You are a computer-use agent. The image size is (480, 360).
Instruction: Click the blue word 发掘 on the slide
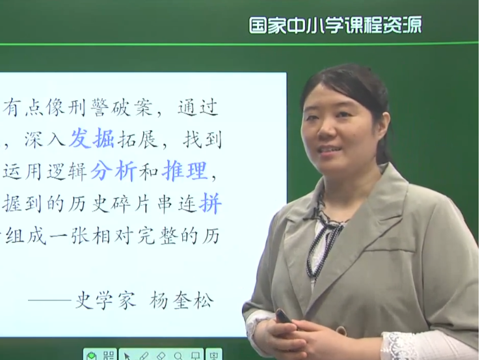[92, 138]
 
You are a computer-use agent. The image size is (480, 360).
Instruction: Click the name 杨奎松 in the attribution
[181, 300]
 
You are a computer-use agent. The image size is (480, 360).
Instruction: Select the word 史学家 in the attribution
[105, 299]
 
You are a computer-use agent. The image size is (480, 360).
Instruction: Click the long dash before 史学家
[50, 300]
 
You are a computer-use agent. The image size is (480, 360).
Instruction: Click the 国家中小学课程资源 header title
[335, 25]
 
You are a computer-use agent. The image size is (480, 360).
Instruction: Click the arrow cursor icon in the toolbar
[127, 356]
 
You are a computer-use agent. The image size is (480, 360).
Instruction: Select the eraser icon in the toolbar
[161, 356]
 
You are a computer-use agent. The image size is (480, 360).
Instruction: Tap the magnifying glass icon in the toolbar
[178, 356]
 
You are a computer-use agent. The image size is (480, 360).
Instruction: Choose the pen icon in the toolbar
[144, 356]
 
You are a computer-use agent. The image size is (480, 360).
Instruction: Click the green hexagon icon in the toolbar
[91, 356]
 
